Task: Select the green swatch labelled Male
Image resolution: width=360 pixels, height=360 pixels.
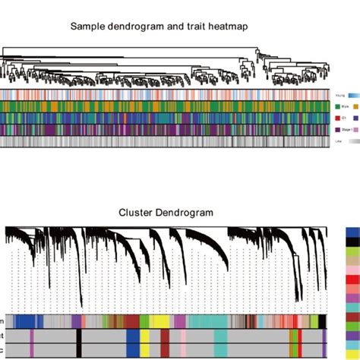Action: coord(336,107)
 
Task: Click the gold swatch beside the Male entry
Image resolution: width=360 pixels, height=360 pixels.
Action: coord(355,107)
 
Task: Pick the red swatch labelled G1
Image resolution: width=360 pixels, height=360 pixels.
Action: coord(336,118)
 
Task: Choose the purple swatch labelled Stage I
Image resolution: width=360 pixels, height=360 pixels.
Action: coord(336,130)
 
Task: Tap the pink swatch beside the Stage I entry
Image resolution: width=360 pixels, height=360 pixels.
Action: coord(355,130)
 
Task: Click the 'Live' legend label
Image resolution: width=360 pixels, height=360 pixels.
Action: coord(337,141)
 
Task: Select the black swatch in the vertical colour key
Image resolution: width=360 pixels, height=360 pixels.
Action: coord(352,242)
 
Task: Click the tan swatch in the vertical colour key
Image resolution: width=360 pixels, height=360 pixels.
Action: coord(352,261)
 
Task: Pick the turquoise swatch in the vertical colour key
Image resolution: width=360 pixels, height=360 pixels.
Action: coord(352,306)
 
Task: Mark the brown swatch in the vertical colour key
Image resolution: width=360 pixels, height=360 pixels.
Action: coord(352,316)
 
